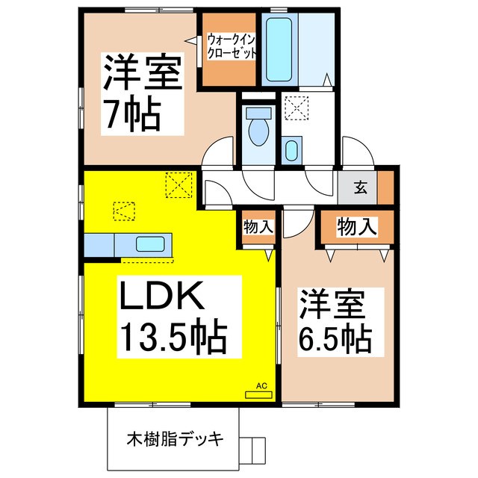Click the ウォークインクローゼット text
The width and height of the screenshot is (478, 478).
click(232, 46)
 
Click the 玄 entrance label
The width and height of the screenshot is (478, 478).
click(360, 187)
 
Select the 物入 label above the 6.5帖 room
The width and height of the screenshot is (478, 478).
click(356, 226)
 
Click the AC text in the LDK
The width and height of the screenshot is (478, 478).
click(261, 385)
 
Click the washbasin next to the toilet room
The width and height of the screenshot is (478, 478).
click(292, 149)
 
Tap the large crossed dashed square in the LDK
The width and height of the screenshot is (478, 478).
click(179, 184)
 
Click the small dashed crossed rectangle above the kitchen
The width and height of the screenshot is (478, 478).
click(122, 211)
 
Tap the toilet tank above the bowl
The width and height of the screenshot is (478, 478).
click(258, 114)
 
